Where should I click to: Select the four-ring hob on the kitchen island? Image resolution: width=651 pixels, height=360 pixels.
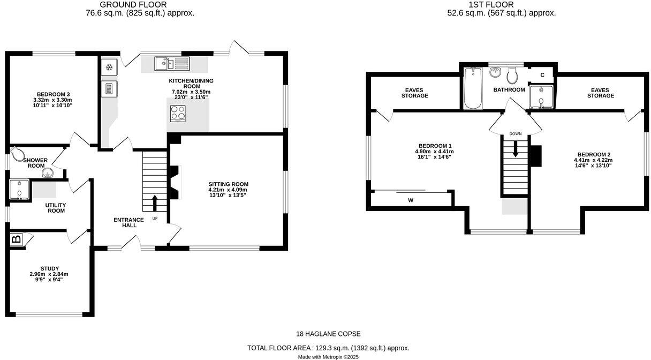[x=178, y=114]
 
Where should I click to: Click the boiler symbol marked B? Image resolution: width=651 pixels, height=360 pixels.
[x=17, y=239]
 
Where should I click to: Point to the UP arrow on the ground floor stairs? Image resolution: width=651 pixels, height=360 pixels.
[x=155, y=203]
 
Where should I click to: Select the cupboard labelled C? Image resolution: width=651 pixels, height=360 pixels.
[x=542, y=74]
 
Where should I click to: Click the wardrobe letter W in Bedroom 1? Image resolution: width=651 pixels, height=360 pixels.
[x=411, y=200]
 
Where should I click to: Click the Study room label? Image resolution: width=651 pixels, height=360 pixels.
[x=49, y=268]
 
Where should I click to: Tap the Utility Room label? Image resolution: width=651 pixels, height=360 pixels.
[x=55, y=208]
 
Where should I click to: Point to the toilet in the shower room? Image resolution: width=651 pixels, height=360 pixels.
[x=19, y=155]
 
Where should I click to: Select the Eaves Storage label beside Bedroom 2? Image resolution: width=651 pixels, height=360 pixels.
[x=600, y=93]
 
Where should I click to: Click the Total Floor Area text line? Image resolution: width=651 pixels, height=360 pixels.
[x=328, y=348]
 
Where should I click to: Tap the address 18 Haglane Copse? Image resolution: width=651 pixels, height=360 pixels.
[x=328, y=334]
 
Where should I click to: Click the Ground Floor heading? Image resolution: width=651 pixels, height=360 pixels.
[x=140, y=5]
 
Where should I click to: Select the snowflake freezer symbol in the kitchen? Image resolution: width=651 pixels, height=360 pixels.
[x=109, y=67]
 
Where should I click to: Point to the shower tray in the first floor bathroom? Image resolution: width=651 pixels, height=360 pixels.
[x=540, y=96]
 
